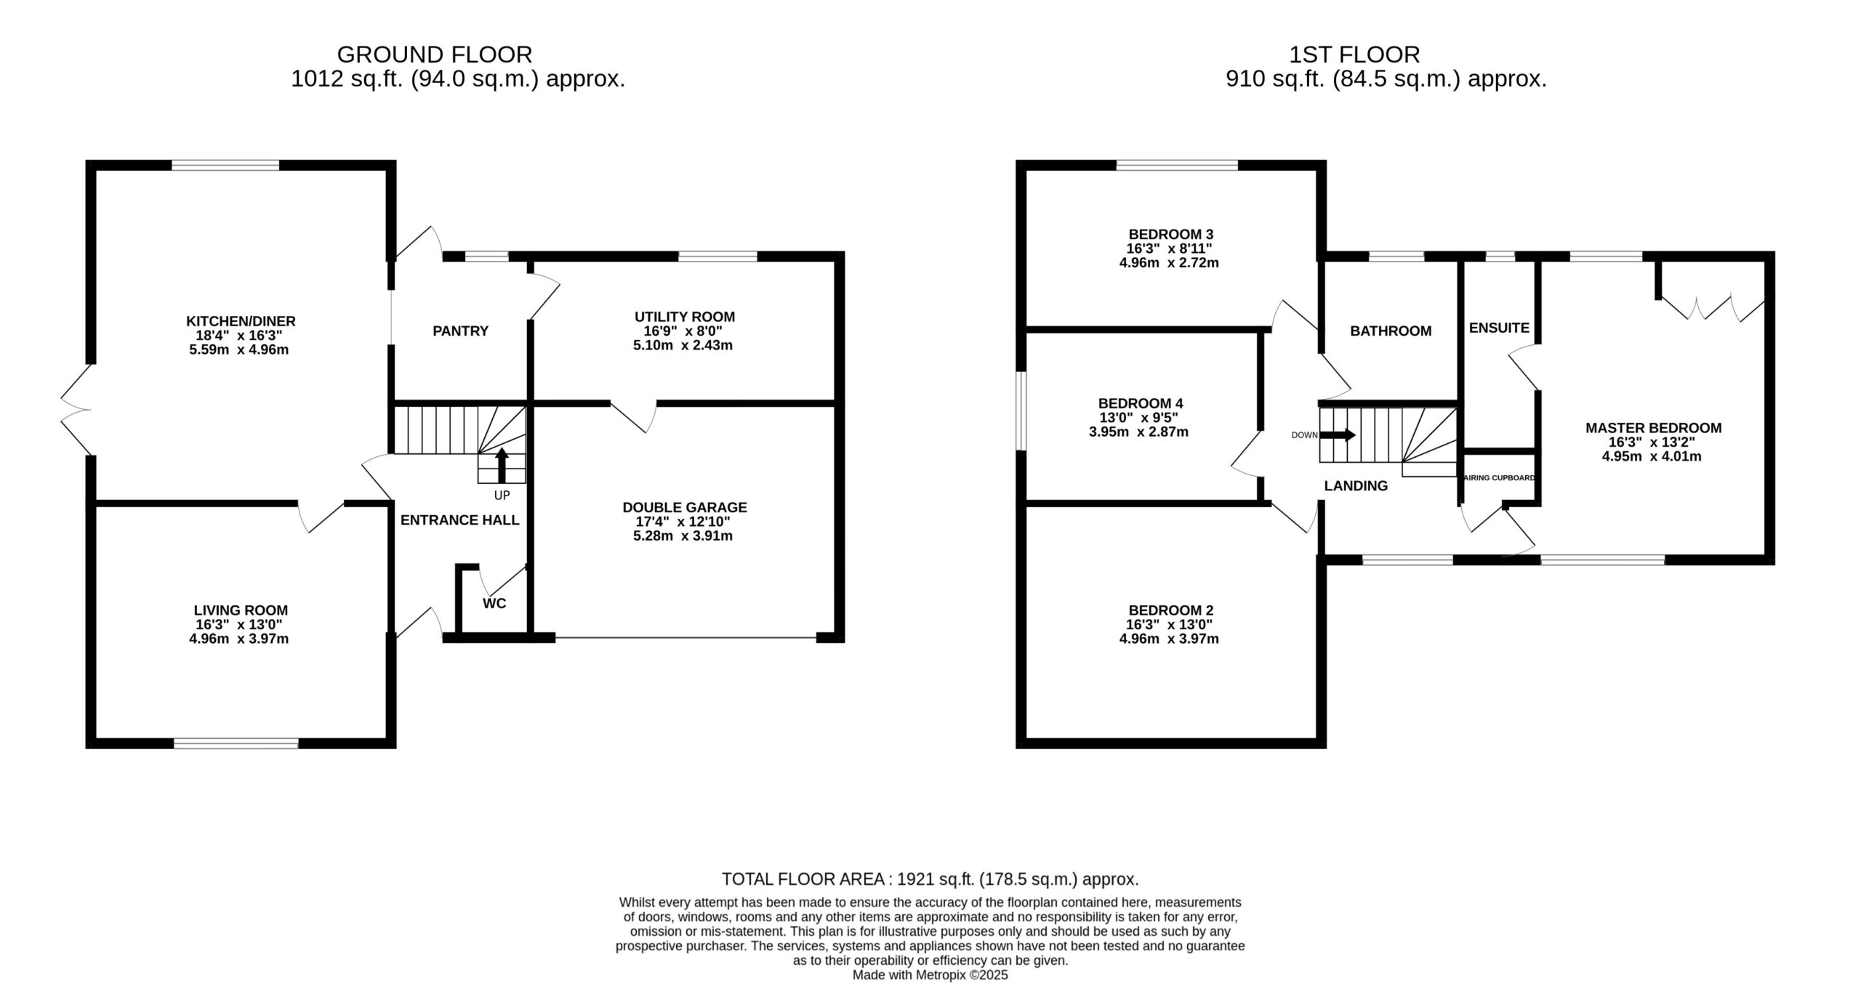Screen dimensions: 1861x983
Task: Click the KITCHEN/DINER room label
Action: click(x=241, y=321)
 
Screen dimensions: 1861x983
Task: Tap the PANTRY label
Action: click(x=460, y=331)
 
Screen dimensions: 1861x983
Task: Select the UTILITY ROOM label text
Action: click(x=685, y=317)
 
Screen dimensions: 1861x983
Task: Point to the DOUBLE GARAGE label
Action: click(x=685, y=507)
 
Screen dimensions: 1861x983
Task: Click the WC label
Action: click(x=494, y=604)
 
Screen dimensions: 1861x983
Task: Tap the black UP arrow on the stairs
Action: click(x=502, y=465)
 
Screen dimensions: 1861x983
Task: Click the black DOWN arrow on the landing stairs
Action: click(x=1338, y=435)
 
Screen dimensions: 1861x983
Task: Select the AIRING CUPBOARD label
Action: click(x=1499, y=478)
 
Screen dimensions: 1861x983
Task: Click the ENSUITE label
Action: click(x=1499, y=328)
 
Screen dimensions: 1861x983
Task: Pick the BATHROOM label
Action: click(x=1391, y=331)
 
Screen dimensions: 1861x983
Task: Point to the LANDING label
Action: click(x=1356, y=487)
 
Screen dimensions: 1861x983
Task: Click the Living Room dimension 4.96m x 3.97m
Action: click(x=239, y=639)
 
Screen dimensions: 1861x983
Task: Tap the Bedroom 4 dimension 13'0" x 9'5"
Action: click(x=1138, y=418)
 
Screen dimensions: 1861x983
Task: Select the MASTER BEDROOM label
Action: click(x=1653, y=429)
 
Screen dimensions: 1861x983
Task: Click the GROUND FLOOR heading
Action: click(x=435, y=54)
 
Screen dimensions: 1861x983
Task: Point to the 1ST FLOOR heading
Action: click(x=1354, y=54)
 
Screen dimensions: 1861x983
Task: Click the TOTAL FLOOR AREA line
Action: click(x=930, y=879)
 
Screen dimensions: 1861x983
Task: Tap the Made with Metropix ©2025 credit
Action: click(x=930, y=975)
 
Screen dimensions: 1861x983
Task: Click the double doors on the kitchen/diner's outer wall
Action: click(x=76, y=409)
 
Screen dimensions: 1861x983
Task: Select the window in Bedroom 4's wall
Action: click(x=1021, y=411)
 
